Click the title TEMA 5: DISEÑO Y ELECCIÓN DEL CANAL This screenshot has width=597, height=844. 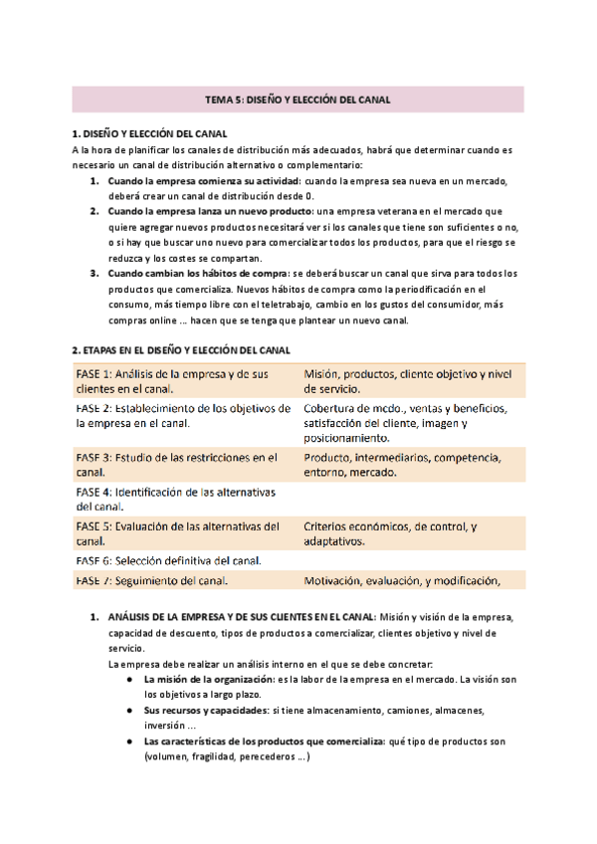[x=298, y=100]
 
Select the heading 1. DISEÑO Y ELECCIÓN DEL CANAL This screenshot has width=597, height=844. [x=149, y=133]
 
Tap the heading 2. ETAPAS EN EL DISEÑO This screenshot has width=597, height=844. [x=180, y=350]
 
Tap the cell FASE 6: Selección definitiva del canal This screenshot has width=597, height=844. [x=168, y=560]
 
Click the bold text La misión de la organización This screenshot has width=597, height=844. [x=210, y=680]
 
